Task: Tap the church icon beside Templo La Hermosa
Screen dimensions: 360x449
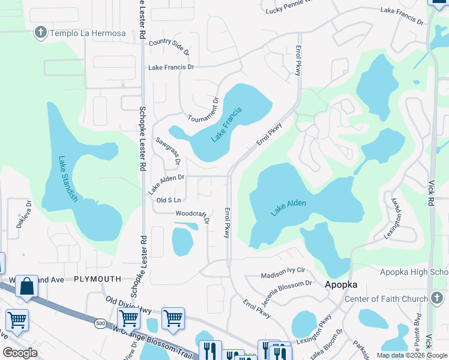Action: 41,32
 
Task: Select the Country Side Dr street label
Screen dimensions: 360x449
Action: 169,46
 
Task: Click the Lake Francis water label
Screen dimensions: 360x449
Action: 226,125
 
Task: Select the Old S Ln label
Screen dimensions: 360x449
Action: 169,200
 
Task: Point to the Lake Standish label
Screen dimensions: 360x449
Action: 68,179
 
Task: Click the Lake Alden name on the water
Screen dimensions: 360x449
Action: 288,208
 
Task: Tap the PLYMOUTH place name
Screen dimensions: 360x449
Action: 97,279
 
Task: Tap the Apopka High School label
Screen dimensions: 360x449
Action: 414,272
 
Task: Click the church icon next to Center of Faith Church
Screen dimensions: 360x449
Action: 436,298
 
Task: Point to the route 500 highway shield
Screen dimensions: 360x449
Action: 100,323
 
